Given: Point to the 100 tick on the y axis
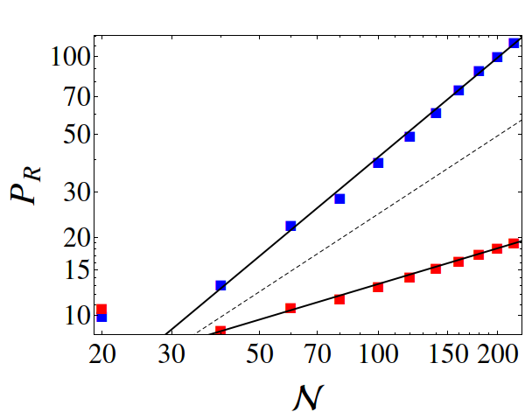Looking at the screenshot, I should pyautogui.click(x=64, y=57).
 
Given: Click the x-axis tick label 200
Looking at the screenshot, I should pyautogui.click(x=497, y=354).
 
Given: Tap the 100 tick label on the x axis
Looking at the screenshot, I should pyautogui.click(x=378, y=354).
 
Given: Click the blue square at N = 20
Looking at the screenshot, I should pyautogui.click(x=101, y=317).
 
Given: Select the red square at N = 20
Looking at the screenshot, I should pyautogui.click(x=101, y=309).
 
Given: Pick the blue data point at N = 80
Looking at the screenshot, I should pyautogui.click(x=339, y=199).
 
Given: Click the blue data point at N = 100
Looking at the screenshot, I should pyautogui.click(x=378, y=163).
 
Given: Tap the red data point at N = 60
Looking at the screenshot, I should pyautogui.click(x=290, y=308).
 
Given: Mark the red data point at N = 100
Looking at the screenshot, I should pyautogui.click(x=378, y=287).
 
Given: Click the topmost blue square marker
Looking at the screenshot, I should pyautogui.click(x=514, y=43).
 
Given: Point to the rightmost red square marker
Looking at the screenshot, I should pyautogui.click(x=514, y=243).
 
